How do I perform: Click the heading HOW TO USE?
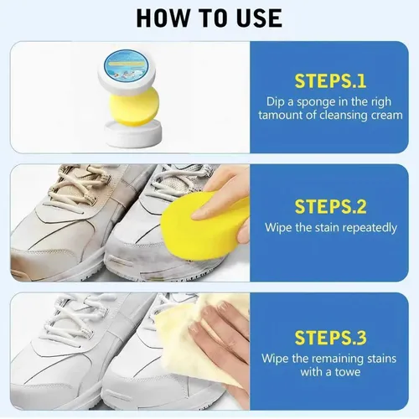209,18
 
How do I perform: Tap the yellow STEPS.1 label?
330,81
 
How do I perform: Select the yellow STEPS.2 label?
330,207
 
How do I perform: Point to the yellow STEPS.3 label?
330,338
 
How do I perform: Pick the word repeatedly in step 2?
370,228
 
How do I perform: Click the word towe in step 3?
348,372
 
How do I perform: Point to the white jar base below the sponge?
133,132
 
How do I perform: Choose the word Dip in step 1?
277,102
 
